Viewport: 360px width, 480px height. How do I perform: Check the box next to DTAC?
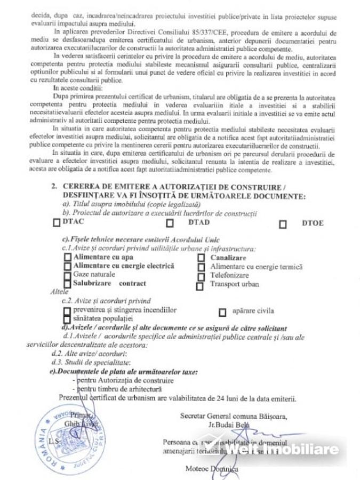[x=57, y=223]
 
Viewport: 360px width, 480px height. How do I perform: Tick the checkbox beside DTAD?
[x=170, y=223]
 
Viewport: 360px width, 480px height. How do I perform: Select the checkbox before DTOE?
[x=283, y=224]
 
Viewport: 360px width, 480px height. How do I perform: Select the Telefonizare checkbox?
[x=201, y=276]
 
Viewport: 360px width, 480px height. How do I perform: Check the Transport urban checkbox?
[x=200, y=286]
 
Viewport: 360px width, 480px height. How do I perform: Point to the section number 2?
[x=54, y=187]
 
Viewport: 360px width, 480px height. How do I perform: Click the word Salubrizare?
[x=93, y=283]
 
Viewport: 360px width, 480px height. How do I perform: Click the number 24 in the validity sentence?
[x=223, y=398]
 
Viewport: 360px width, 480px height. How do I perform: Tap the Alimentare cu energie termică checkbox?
[x=201, y=267]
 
